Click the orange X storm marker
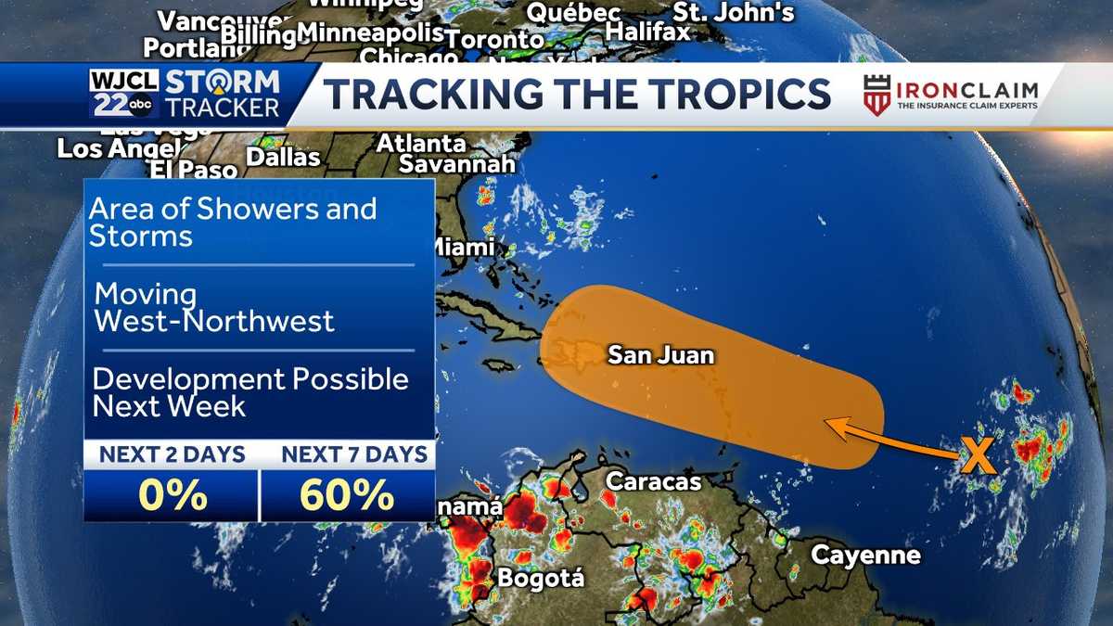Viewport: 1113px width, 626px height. pyautogui.click(x=976, y=456)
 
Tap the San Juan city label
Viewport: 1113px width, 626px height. pyautogui.click(x=661, y=354)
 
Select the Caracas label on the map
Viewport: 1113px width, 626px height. pyautogui.click(x=653, y=481)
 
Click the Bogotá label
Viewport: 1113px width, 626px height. pyautogui.click(x=541, y=578)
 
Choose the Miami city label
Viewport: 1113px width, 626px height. pyautogui.click(x=463, y=248)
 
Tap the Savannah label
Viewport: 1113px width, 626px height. pyautogui.click(x=456, y=164)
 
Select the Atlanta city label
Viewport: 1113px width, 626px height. pyautogui.click(x=421, y=144)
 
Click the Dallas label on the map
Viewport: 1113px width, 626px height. pyautogui.click(x=283, y=158)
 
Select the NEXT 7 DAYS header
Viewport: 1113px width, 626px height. pyautogui.click(x=354, y=454)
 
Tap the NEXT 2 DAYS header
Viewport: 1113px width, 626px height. pyautogui.click(x=173, y=454)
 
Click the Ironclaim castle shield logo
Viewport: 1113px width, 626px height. pyautogui.click(x=876, y=96)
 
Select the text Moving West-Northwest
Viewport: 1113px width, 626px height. pyautogui.click(x=214, y=308)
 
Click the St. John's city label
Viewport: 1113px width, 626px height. pyautogui.click(x=734, y=12)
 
